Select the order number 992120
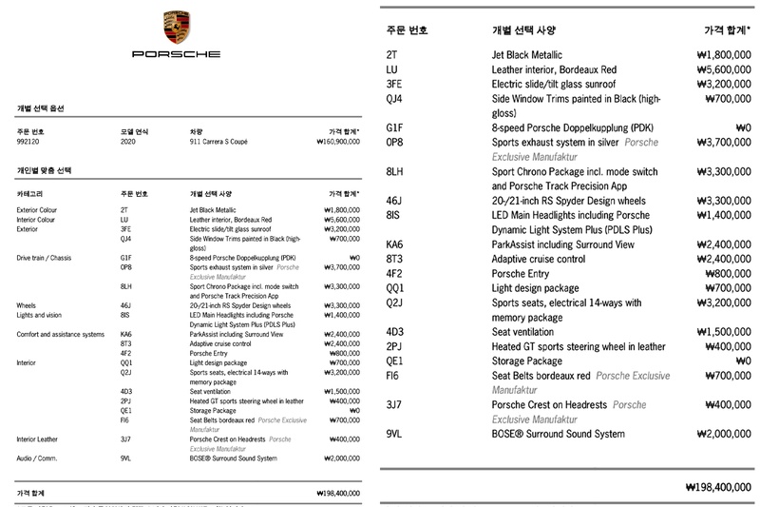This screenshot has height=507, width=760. click(30, 141)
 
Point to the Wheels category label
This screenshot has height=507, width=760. click(28, 305)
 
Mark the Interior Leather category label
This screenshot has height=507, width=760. click(41, 438)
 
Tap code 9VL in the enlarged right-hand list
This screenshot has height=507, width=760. click(397, 434)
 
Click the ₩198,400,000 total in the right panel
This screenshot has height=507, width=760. click(717, 486)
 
